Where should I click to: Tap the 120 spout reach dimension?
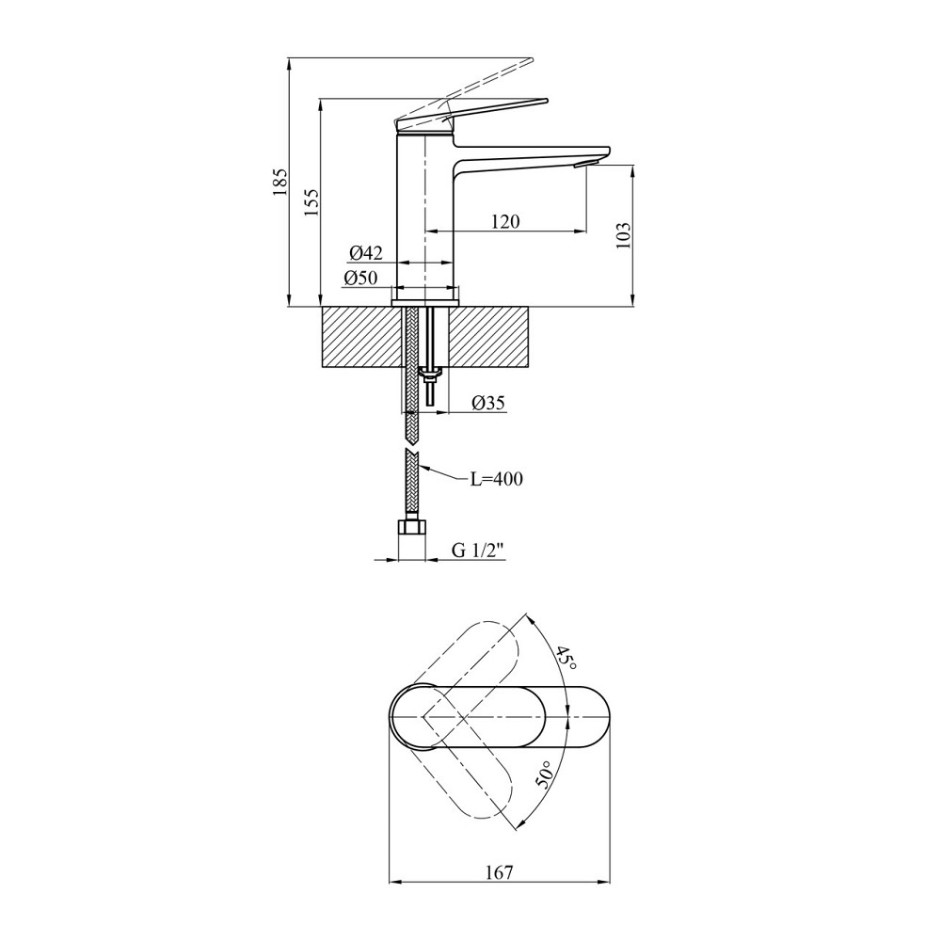[x=504, y=222]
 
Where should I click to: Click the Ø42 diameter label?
[x=365, y=252]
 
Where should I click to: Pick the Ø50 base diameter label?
[x=360, y=278]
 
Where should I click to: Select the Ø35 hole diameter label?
[x=488, y=403]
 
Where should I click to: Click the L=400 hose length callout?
[x=496, y=479]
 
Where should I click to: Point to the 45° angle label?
[x=565, y=656]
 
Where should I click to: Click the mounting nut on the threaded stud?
[x=430, y=376]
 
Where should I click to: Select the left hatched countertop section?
[x=363, y=336]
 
